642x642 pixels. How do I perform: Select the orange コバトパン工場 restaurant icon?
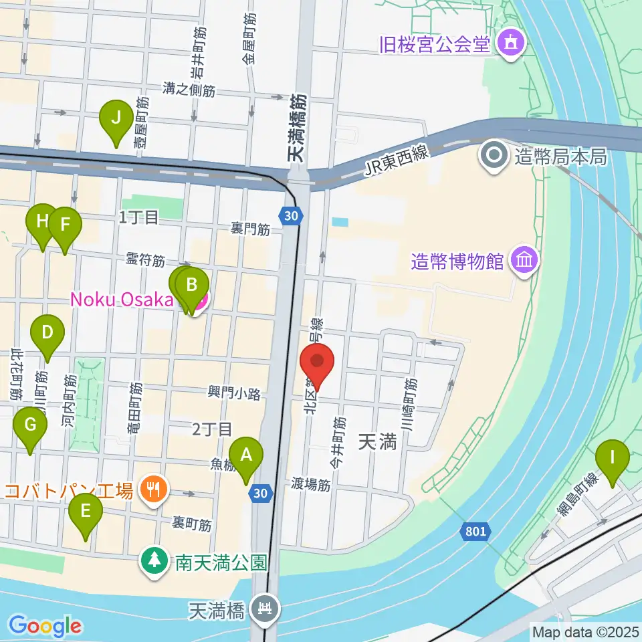[x=154, y=492]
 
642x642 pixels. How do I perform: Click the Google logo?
[x=45, y=626]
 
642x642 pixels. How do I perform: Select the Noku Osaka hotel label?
[x=122, y=299]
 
